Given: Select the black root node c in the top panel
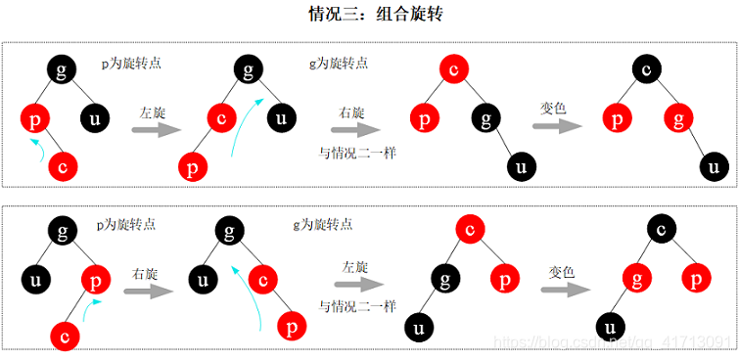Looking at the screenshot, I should coord(646,69).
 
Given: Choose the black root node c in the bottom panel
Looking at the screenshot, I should coord(661,230).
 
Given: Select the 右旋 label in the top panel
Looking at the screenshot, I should coord(352,112).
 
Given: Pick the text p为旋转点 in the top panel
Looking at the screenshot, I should coord(131,63).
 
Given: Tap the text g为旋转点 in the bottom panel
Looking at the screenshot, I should coord(324,224).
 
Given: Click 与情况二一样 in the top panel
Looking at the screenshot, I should coord(351,153).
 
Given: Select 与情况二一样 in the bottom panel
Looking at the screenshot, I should coord(357,305).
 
